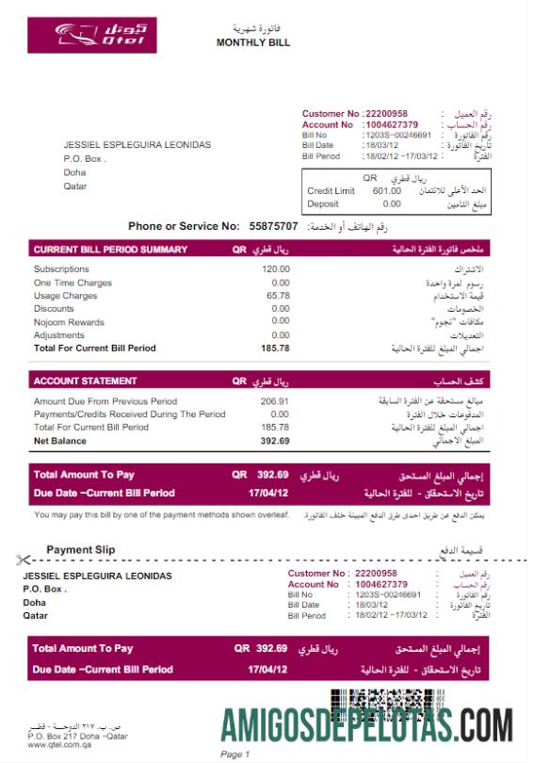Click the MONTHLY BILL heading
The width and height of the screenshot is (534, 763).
[x=252, y=42]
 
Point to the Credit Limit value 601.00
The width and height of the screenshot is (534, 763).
[x=386, y=190]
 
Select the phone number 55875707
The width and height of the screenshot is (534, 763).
[x=273, y=226]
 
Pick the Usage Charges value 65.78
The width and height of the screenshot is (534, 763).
[x=278, y=296]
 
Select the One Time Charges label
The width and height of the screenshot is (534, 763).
[x=73, y=283]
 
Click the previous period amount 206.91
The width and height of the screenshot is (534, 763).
[x=274, y=401]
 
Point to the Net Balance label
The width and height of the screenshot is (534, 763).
[x=59, y=441]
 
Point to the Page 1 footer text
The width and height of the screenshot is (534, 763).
[x=234, y=754]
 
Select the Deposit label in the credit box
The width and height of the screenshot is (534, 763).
[x=323, y=203]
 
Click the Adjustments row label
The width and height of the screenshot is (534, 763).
[x=58, y=335]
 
